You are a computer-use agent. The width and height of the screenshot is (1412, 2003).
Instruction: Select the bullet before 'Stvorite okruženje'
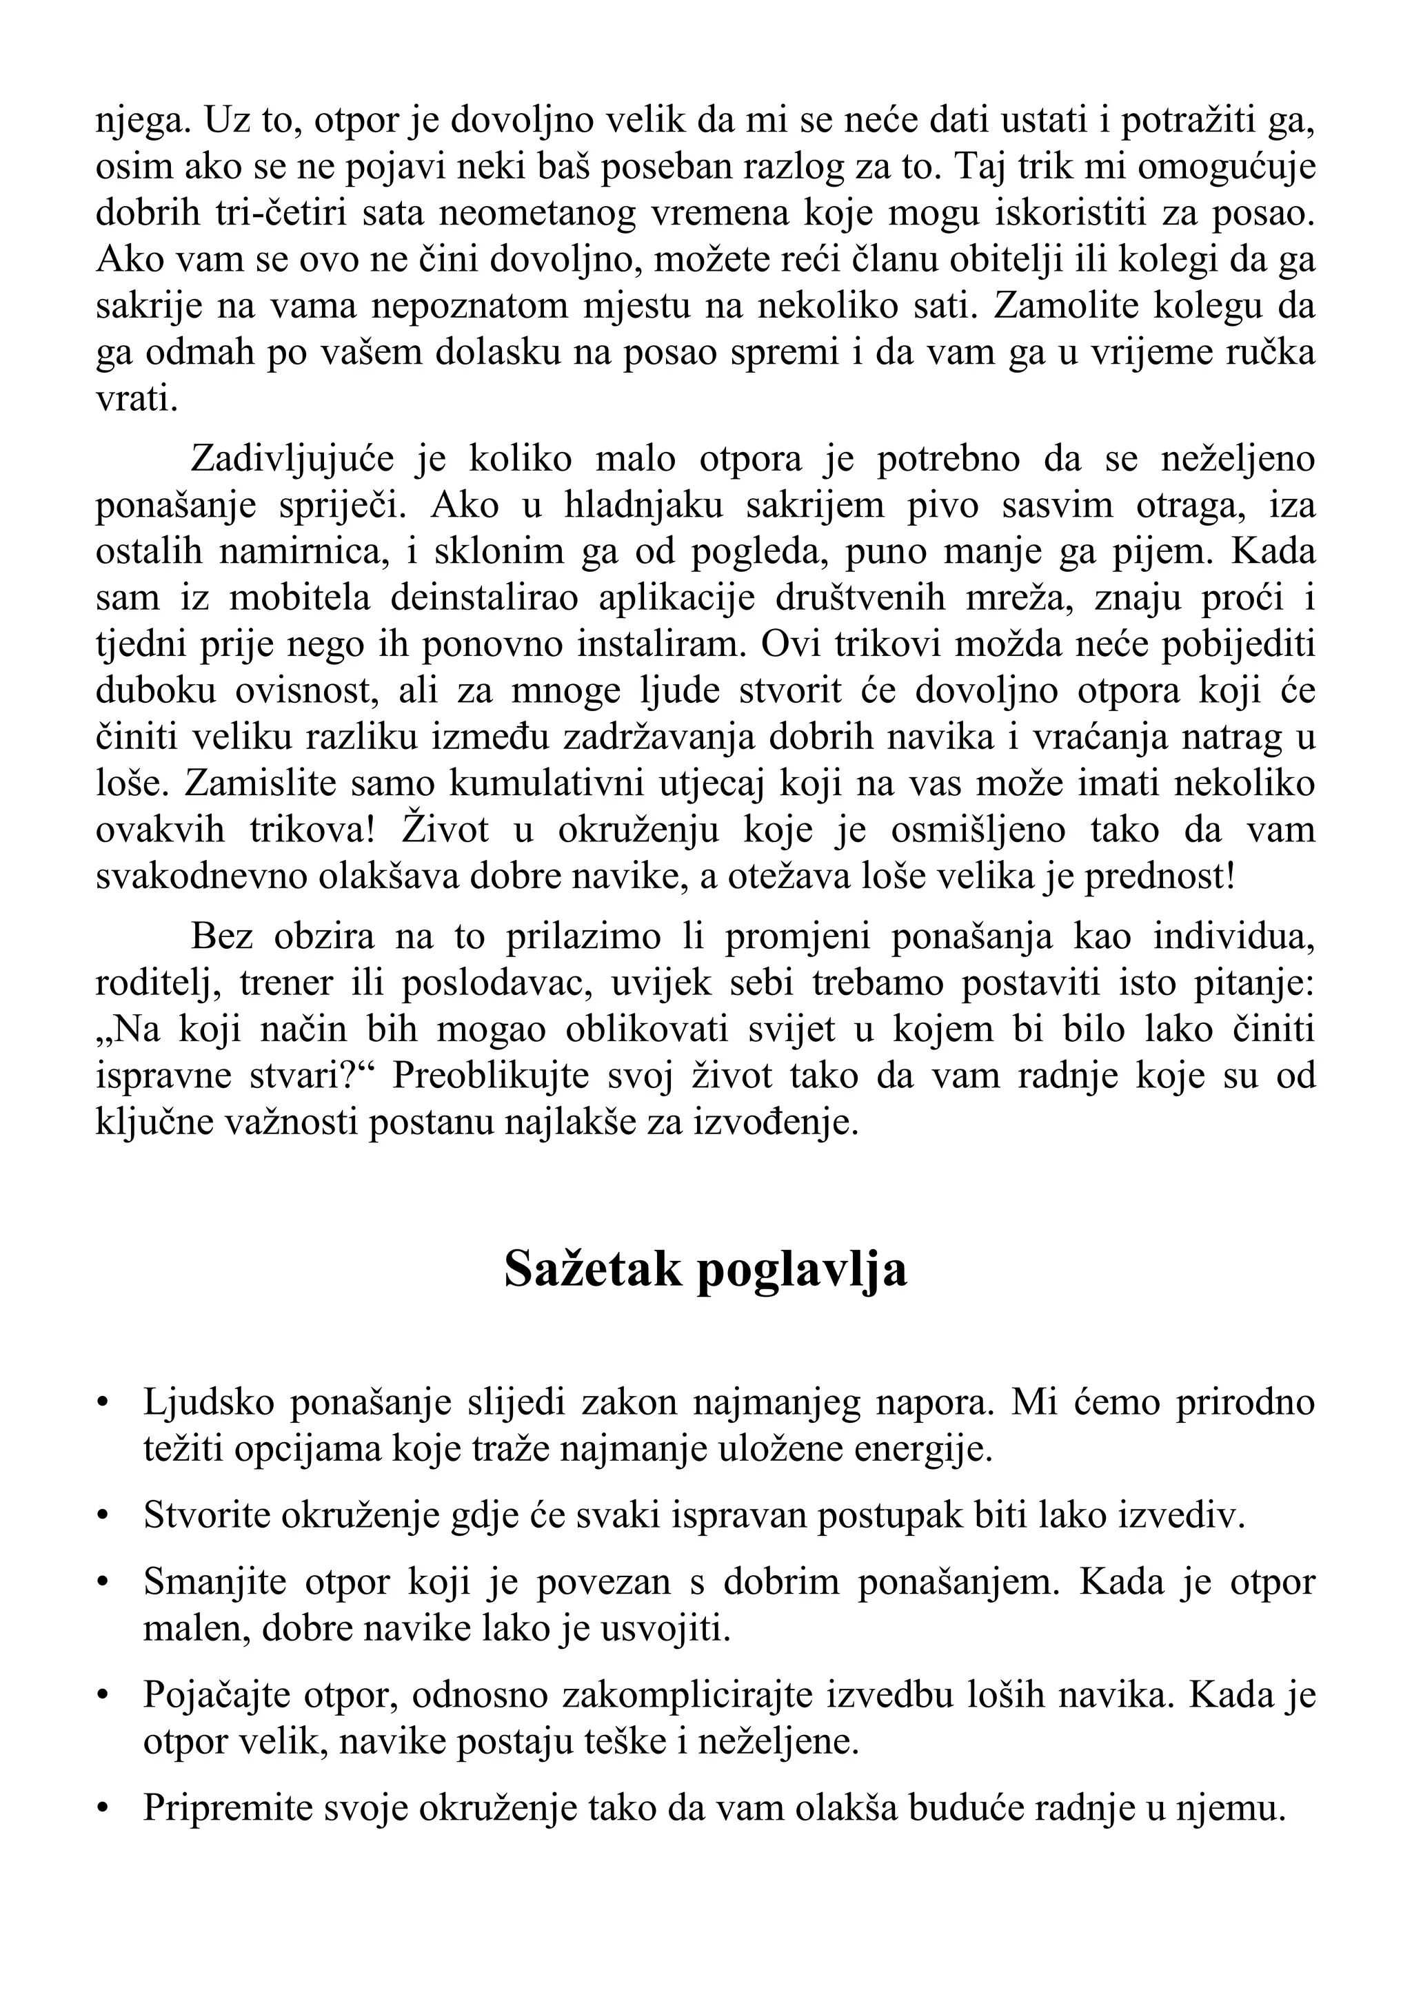(x=103, y=1517)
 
